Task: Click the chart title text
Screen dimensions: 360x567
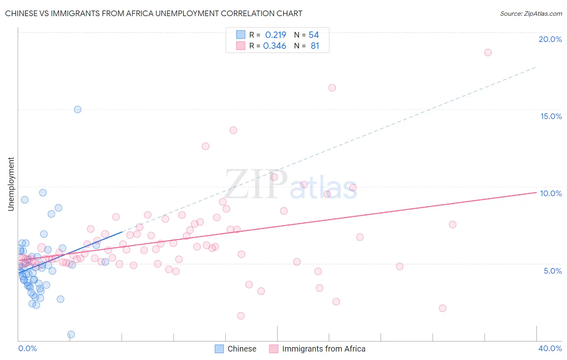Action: click(154, 13)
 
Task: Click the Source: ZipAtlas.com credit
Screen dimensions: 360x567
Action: click(531, 13)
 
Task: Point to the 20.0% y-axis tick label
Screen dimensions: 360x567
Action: click(550, 39)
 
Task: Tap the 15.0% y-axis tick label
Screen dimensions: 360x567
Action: click(551, 116)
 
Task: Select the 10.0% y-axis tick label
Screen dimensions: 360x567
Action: click(551, 193)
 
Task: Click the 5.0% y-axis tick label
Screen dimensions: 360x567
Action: click(552, 271)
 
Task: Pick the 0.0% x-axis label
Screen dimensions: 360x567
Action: click(27, 348)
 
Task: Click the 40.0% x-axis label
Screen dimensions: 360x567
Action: click(550, 348)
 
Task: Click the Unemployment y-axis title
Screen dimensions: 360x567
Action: click(11, 184)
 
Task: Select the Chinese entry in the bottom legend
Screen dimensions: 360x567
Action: click(242, 349)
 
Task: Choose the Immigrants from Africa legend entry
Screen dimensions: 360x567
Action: click(323, 349)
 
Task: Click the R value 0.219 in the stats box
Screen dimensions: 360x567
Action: click(275, 35)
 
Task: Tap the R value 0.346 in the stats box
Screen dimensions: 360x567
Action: click(275, 46)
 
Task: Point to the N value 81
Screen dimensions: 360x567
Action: click(315, 46)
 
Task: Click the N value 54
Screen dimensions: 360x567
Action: click(314, 35)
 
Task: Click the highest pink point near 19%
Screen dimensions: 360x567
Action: click(488, 52)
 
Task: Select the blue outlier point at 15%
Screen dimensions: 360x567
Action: click(77, 109)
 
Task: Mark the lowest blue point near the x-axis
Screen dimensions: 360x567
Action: click(71, 334)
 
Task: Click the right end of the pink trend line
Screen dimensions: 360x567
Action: click(536, 193)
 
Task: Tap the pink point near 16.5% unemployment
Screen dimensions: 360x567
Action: click(332, 88)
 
